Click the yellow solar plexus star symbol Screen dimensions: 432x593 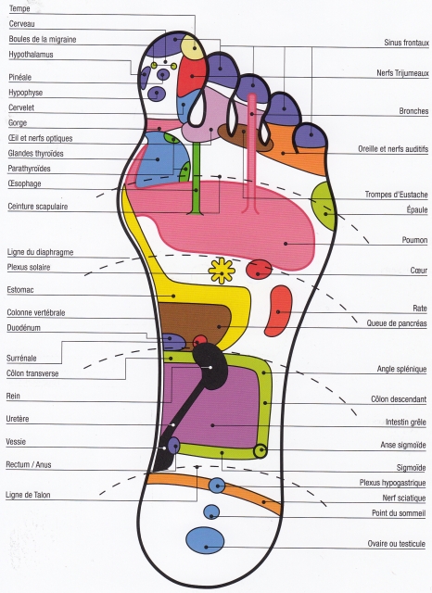222,271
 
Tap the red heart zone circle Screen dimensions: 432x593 260,269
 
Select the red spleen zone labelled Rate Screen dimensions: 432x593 278,311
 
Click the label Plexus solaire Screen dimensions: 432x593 29,268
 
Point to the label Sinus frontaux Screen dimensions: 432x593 406,43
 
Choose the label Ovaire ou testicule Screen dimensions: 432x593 397,544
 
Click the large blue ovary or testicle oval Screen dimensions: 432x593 205,541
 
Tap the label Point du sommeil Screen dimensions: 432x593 399,512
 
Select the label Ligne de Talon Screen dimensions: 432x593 28,495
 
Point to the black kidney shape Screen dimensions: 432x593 210,366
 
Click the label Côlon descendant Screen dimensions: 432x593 399,399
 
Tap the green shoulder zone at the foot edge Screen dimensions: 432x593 324,206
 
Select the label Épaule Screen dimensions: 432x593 417,210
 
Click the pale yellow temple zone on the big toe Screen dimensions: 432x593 193,46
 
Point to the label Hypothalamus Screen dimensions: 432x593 31,55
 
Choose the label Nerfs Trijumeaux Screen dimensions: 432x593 402,73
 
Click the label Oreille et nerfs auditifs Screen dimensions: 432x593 393,149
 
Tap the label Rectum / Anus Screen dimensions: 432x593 29,464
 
